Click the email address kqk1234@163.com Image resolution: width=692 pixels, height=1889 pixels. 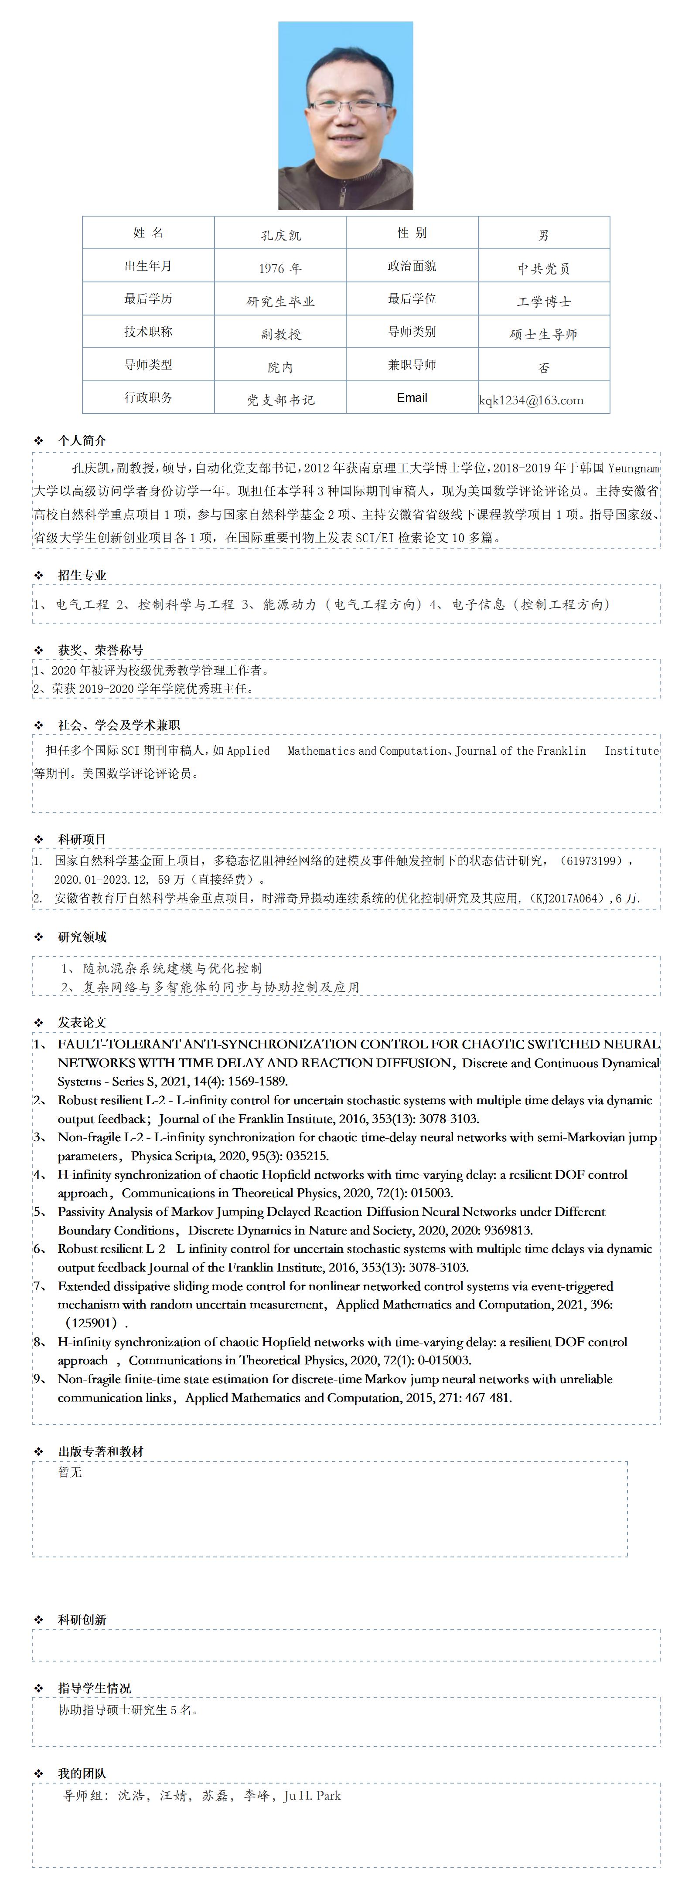click(x=531, y=400)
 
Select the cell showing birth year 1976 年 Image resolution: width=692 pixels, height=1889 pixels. click(x=280, y=268)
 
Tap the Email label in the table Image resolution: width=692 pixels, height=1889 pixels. click(x=412, y=397)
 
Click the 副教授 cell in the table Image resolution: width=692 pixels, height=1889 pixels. click(x=280, y=334)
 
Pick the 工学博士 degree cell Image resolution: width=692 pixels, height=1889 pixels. click(x=544, y=302)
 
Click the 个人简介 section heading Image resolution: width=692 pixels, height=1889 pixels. click(x=82, y=440)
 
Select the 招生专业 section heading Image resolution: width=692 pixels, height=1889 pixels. click(x=82, y=575)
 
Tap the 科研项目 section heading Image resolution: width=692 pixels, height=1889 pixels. click(x=82, y=839)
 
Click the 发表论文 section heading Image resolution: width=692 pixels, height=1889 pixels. click(x=82, y=1022)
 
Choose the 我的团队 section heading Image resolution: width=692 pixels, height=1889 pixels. click(x=82, y=1773)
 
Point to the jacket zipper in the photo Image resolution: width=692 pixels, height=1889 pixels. click(x=342, y=194)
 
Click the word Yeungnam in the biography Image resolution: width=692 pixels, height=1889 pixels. click(x=633, y=468)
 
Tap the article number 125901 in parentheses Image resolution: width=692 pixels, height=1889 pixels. click(x=92, y=1323)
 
